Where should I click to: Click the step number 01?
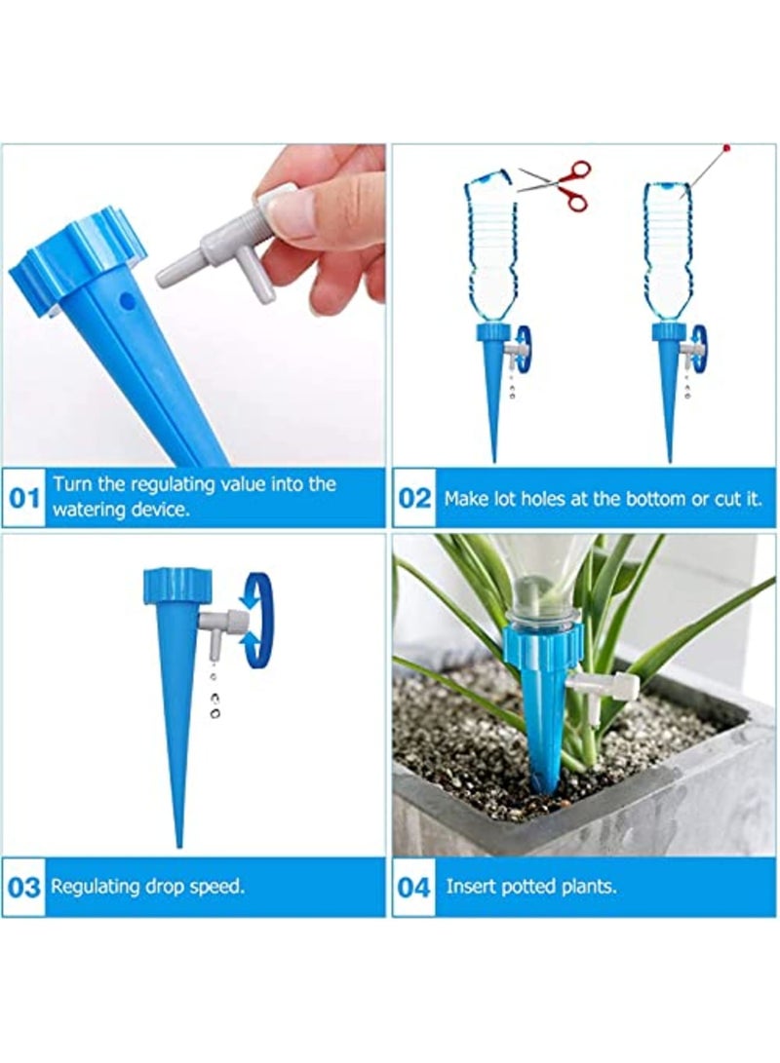click(24, 498)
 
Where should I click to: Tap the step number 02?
click(414, 498)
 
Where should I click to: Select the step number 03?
click(24, 888)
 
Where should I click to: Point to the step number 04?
click(414, 888)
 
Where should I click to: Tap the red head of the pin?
click(726, 148)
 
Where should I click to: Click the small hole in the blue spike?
click(124, 303)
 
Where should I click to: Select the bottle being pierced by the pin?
click(669, 248)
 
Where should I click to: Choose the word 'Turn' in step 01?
click(71, 484)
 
